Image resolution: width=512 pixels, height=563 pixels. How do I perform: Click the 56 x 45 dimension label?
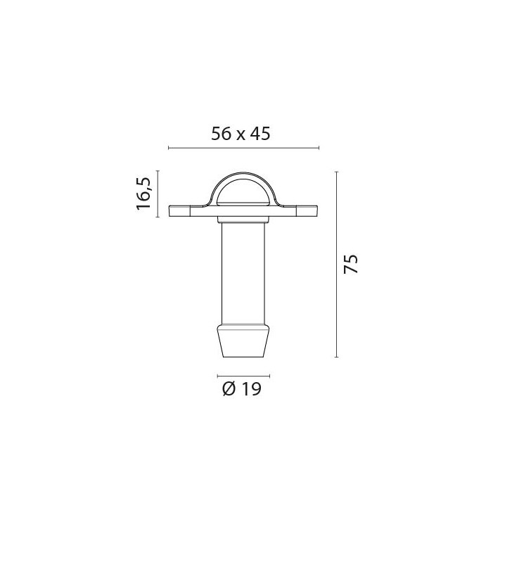[241, 134]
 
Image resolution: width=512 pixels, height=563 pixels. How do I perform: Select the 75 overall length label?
[350, 265]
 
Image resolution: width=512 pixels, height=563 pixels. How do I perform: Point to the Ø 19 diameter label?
[242, 388]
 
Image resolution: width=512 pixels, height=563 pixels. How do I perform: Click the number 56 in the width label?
[222, 134]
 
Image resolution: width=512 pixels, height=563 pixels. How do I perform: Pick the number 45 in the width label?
[260, 134]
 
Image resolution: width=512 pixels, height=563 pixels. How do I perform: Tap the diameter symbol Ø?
[229, 388]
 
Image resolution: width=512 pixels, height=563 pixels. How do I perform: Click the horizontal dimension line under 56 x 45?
[243, 148]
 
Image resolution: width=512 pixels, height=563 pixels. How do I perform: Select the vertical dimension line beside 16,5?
[158, 194]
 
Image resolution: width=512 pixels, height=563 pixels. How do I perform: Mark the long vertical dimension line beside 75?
[337, 265]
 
